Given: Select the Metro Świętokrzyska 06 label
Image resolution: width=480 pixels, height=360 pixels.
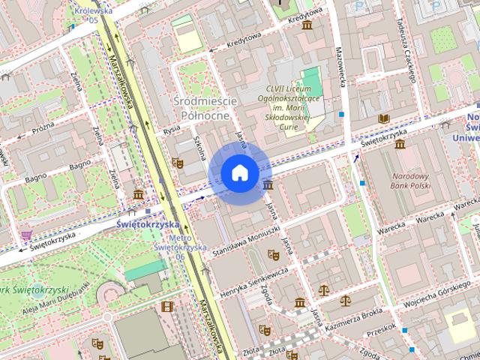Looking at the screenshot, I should pos(169,247).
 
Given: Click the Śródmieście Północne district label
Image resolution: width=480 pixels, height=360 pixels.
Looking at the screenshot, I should pos(205,108).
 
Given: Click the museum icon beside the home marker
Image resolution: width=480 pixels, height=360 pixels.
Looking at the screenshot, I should pos(268,185).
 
